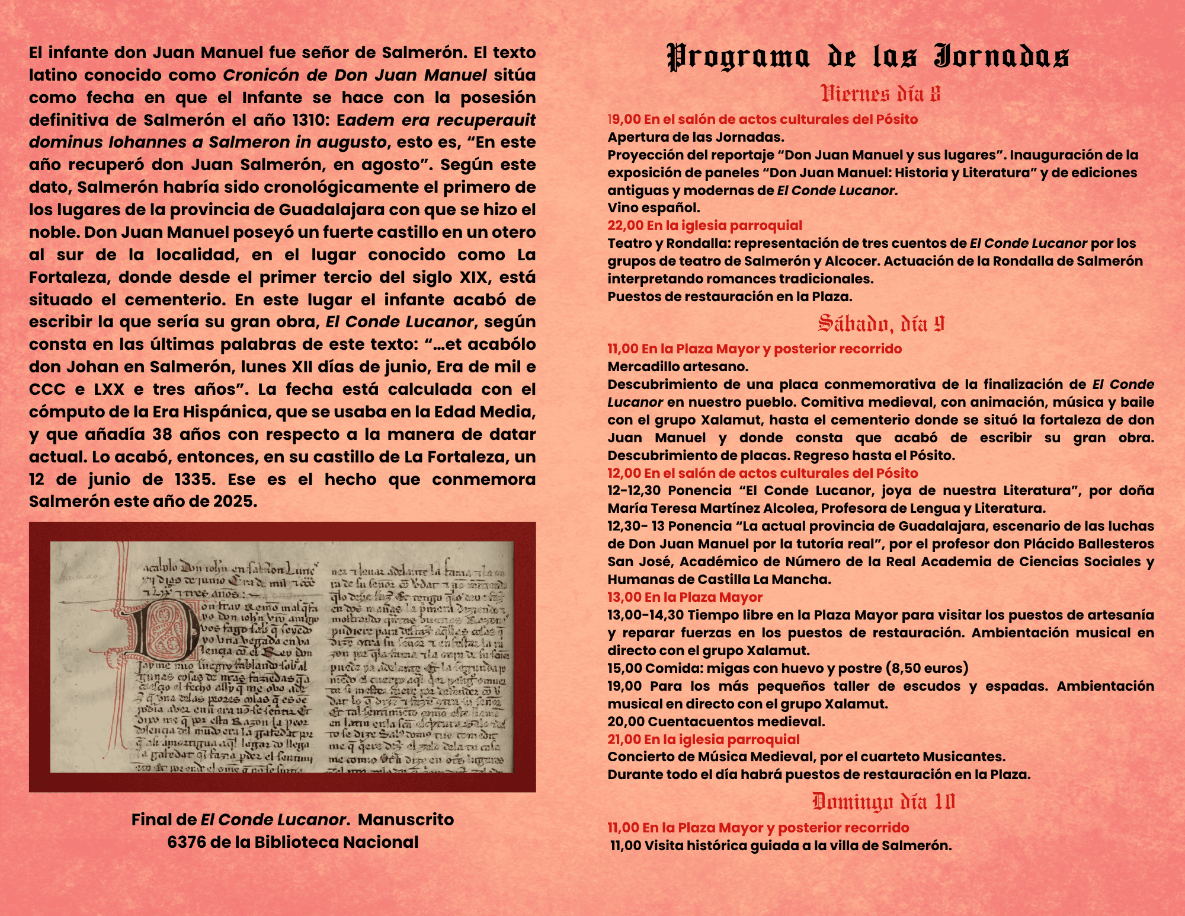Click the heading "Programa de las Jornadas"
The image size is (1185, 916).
(x=868, y=57)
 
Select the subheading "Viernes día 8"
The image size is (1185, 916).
(x=880, y=94)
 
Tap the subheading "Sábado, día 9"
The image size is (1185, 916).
(x=880, y=324)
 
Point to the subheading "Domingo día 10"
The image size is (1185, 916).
(x=883, y=802)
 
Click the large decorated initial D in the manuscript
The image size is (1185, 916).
(x=163, y=631)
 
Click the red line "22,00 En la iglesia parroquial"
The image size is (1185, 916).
(x=704, y=225)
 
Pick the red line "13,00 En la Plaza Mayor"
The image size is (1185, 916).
(x=684, y=597)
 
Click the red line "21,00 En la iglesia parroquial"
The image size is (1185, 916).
(x=703, y=739)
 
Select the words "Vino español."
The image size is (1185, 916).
(x=654, y=208)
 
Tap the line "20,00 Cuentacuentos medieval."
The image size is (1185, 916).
(x=716, y=722)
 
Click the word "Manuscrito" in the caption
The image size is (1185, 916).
(x=406, y=819)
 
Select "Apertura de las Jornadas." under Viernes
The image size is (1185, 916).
(x=696, y=137)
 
